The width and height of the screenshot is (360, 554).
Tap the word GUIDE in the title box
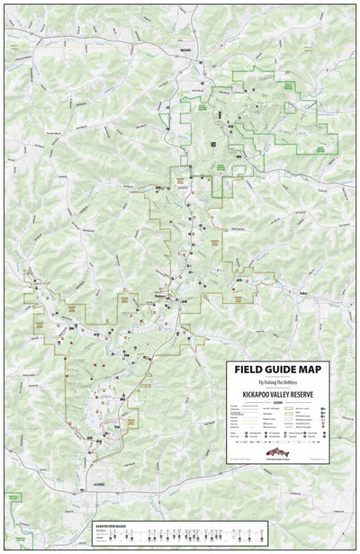tap(287, 370)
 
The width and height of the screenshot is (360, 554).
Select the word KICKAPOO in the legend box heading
tap(262, 394)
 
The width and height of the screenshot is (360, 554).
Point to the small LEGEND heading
tap(286, 401)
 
